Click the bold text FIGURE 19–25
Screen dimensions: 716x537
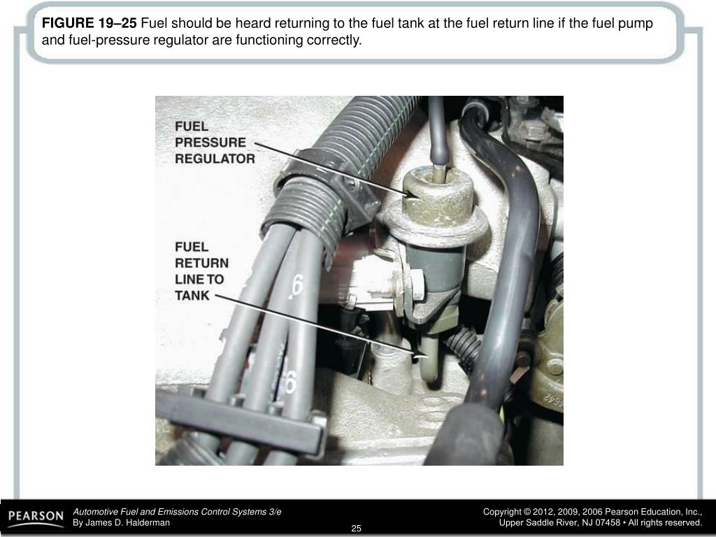pyautogui.click(x=89, y=23)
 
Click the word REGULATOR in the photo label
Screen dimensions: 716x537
pyautogui.click(x=215, y=159)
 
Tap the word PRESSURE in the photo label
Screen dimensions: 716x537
pyautogui.click(x=210, y=143)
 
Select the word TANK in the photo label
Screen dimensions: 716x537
pyautogui.click(x=192, y=296)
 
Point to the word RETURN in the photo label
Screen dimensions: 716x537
pyautogui.click(x=202, y=264)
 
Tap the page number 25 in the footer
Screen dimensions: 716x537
pyautogui.click(x=356, y=529)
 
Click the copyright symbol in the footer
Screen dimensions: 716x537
pyautogui.click(x=527, y=512)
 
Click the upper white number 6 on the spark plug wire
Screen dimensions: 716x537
pyautogui.click(x=296, y=285)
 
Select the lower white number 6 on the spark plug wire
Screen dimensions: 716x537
pyautogui.click(x=290, y=382)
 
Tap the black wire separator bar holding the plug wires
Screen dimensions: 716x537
pyautogui.click(x=241, y=420)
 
